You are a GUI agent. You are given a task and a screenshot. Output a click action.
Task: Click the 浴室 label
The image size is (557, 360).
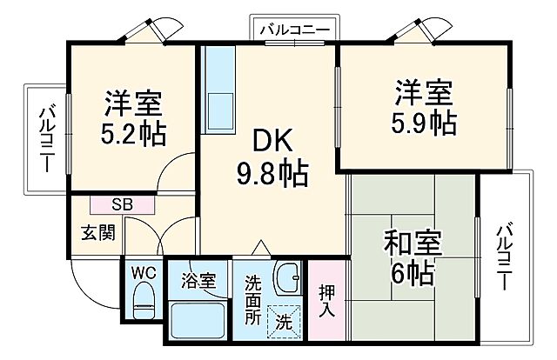(x=198, y=280)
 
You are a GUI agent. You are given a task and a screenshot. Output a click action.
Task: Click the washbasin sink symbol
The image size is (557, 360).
(x=285, y=280)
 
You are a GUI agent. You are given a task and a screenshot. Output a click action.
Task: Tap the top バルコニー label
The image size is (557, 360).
(x=292, y=29)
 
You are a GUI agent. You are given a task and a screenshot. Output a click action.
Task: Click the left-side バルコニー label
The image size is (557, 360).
(x=46, y=139)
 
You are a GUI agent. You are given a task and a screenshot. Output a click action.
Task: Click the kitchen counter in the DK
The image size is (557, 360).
(x=218, y=87)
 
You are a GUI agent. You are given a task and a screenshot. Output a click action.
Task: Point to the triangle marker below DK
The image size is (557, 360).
(x=258, y=248)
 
